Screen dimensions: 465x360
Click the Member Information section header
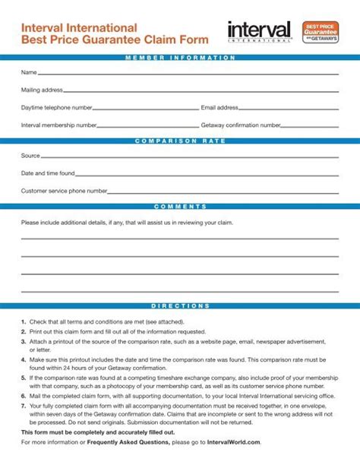point(180,58)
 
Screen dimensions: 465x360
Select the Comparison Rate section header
point(180,141)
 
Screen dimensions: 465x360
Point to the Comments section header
point(180,206)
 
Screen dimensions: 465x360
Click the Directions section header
point(180,305)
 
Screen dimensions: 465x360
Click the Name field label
point(29,73)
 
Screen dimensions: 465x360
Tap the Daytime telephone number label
point(56,108)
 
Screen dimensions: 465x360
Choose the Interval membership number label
point(58,125)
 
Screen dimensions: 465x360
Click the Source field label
point(30,156)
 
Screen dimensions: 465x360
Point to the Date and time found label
point(48,173)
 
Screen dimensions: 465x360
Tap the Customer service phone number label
point(64,191)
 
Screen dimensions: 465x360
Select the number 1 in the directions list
point(24,322)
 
